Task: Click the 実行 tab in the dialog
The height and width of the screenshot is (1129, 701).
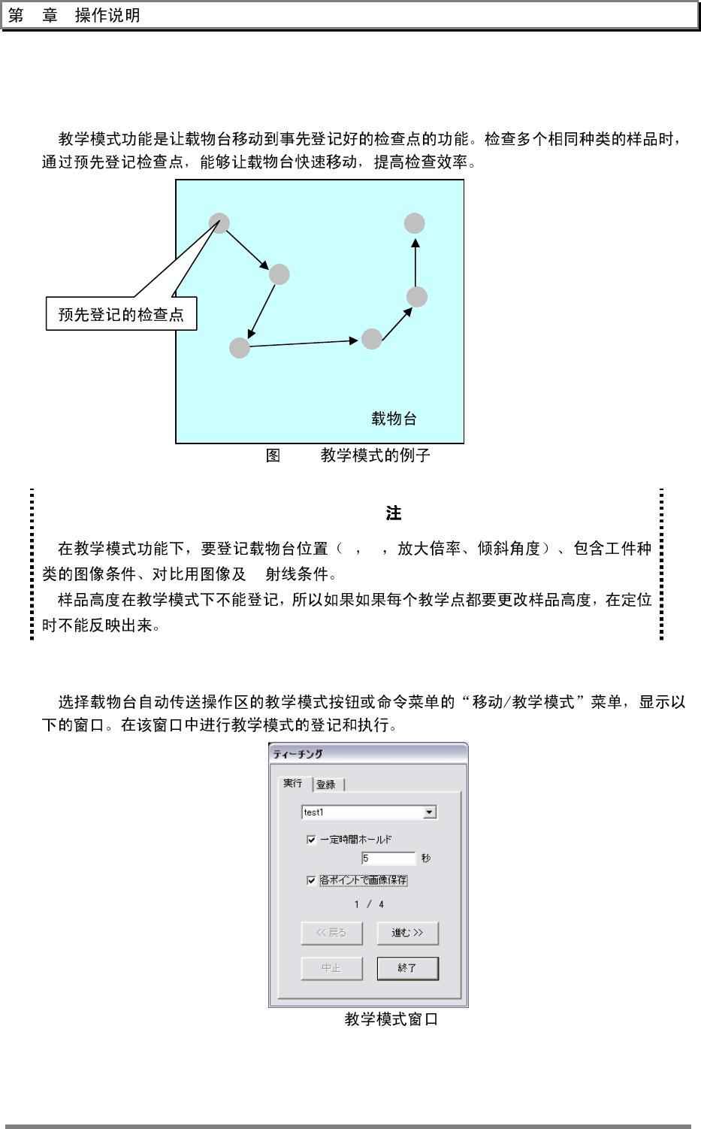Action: click(x=293, y=783)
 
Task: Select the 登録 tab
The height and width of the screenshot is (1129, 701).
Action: click(x=326, y=785)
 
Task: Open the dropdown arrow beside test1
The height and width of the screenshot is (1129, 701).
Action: click(x=429, y=813)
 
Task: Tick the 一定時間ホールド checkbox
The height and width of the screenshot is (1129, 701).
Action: click(x=311, y=840)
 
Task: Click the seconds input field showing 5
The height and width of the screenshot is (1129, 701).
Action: click(x=388, y=858)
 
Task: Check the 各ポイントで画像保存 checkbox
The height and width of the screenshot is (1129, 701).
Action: click(x=311, y=880)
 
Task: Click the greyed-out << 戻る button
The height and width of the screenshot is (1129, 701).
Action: click(x=331, y=933)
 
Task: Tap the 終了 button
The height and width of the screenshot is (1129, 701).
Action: click(x=407, y=968)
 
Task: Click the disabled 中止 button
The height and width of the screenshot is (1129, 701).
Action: click(x=331, y=968)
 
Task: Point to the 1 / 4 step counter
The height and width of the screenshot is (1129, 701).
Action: click(x=369, y=904)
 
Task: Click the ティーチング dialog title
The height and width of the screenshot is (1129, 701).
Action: click(x=298, y=754)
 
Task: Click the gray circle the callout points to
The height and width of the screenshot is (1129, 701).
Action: click(x=219, y=223)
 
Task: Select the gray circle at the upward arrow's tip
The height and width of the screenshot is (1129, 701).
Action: click(x=414, y=223)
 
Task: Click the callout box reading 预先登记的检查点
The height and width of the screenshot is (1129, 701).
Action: click(x=121, y=314)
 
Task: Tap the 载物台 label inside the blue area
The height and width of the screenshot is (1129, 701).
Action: click(x=394, y=419)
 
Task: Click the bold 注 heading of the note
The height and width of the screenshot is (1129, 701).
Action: click(x=394, y=513)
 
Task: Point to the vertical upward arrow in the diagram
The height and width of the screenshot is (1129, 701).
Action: click(x=415, y=263)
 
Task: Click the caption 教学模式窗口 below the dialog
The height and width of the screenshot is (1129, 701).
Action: click(x=391, y=1019)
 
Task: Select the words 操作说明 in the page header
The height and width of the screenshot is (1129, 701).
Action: click(x=107, y=16)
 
